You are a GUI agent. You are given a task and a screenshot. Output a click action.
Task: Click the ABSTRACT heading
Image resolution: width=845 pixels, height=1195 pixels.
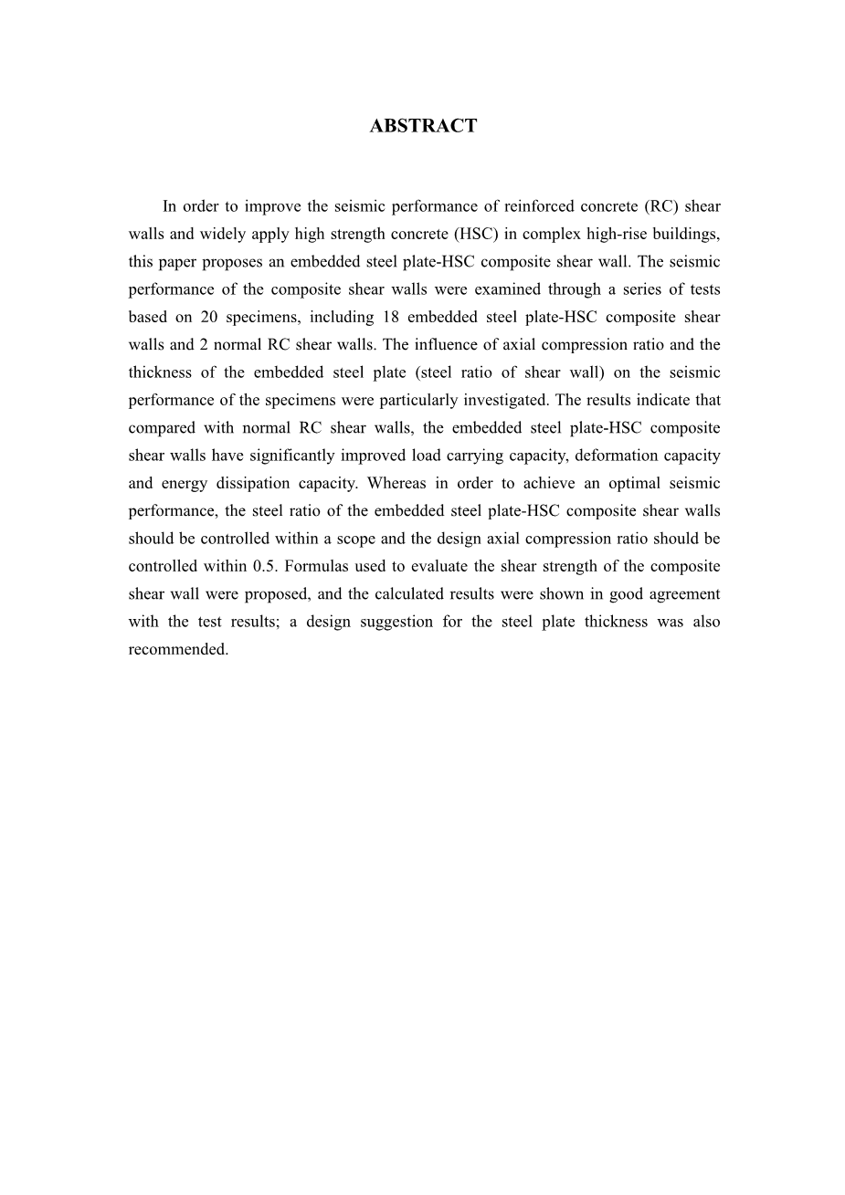pyautogui.click(x=423, y=126)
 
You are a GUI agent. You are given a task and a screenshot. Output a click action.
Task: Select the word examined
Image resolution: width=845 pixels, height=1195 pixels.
pyautogui.click(x=508, y=289)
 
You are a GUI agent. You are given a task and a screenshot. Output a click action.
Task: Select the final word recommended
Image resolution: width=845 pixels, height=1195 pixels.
pyautogui.click(x=178, y=649)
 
